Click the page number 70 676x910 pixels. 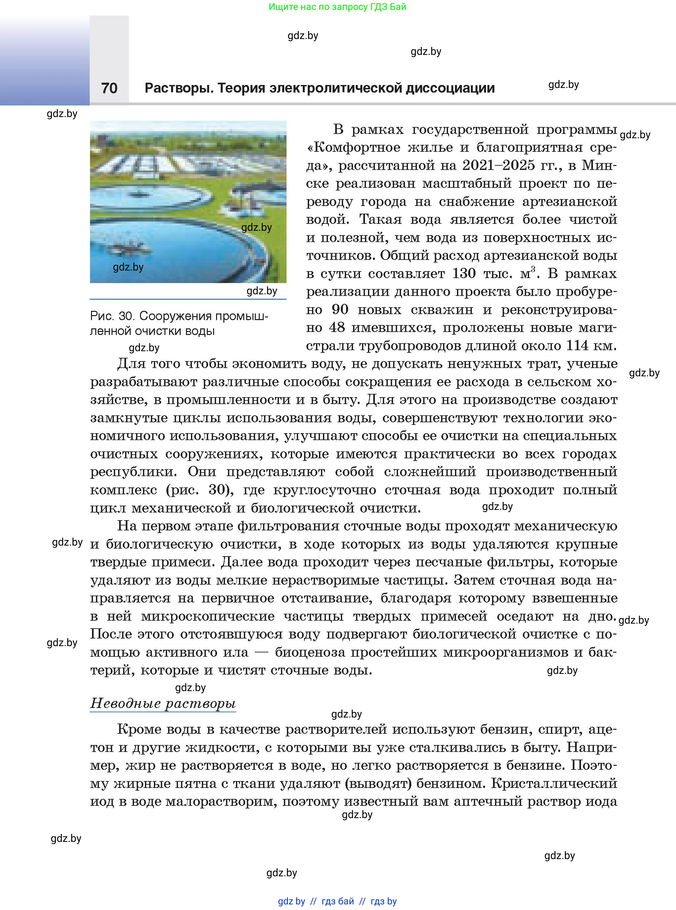(109, 88)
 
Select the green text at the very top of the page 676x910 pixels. (338, 7)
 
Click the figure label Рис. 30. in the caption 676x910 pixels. (112, 316)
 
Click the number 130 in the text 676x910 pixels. (464, 273)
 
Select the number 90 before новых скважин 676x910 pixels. (339, 309)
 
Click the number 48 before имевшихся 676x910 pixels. (337, 327)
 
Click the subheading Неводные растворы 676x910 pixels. (163, 703)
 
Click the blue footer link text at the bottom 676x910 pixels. (337, 901)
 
